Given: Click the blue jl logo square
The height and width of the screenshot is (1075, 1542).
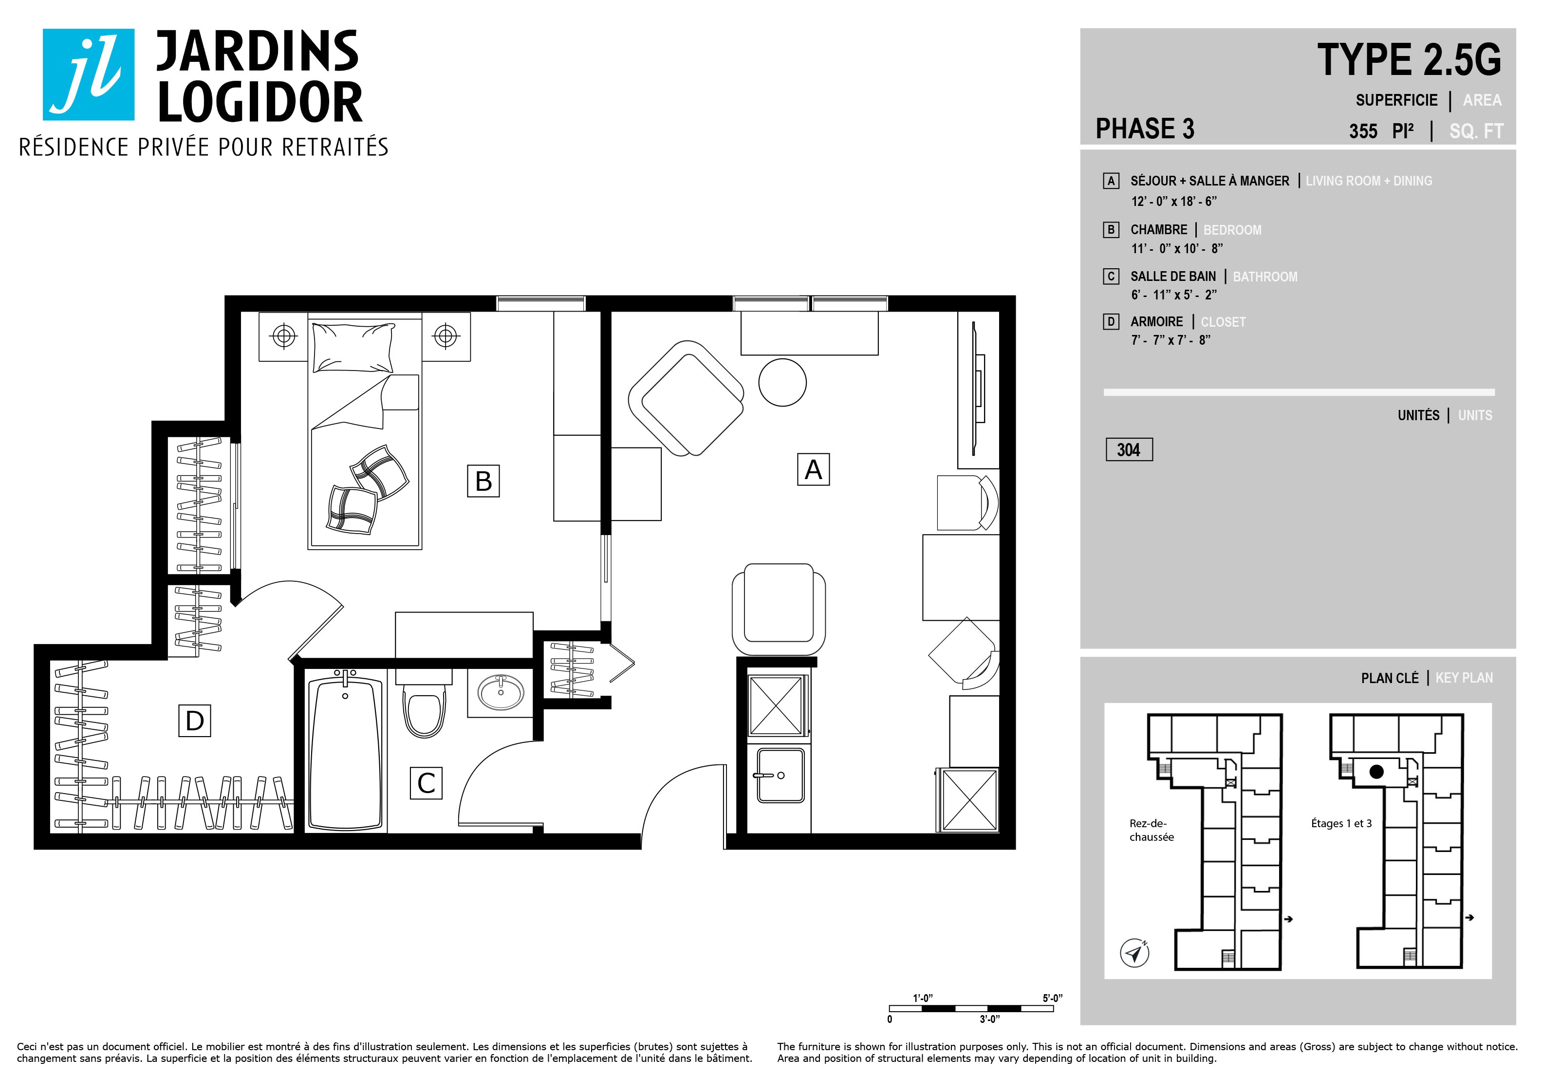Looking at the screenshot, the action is (x=89, y=74).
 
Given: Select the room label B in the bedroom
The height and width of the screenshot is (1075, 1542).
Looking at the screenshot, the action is (x=483, y=481).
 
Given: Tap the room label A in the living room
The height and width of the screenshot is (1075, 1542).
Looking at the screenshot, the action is (x=813, y=469).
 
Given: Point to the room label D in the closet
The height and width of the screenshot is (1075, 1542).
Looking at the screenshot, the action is (x=195, y=721).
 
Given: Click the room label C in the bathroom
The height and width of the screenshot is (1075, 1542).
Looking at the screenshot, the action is (x=427, y=783).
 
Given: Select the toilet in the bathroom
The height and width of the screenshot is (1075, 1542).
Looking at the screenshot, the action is (x=424, y=703).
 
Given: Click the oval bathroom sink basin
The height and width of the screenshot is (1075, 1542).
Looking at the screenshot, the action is (x=501, y=692).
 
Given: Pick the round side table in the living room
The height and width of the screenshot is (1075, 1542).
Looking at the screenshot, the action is (x=782, y=382).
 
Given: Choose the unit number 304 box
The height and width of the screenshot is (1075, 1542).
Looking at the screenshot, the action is (x=1129, y=450).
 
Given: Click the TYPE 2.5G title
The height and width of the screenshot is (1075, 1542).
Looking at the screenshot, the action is (x=1409, y=59).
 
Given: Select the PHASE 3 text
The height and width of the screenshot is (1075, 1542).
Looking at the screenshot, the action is (x=1145, y=128).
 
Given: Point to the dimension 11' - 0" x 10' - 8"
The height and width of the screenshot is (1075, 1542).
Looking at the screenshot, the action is (x=1177, y=248).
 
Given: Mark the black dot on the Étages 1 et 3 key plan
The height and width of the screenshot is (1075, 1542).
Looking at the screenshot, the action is (x=1376, y=772).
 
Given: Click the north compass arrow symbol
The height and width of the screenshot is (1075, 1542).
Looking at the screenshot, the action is (x=1135, y=953).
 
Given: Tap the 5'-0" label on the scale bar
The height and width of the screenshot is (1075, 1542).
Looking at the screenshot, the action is (x=1052, y=998).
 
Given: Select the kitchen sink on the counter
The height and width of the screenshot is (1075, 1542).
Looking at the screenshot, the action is (x=780, y=776).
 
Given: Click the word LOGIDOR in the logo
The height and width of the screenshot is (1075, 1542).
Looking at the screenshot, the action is (x=260, y=102).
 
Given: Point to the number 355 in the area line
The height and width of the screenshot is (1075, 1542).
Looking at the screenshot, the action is (x=1363, y=131).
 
